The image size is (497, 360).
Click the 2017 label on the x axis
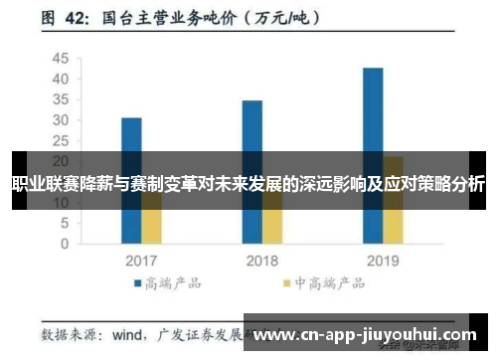pyautogui.click(x=141, y=261)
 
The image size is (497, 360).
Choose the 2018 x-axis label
pyautogui.click(x=262, y=261)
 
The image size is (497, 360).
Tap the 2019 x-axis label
pyautogui.click(x=384, y=261)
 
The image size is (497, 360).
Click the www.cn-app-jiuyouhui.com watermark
pyautogui.click(x=366, y=335)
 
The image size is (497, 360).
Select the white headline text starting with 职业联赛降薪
pyautogui.click(x=248, y=184)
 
